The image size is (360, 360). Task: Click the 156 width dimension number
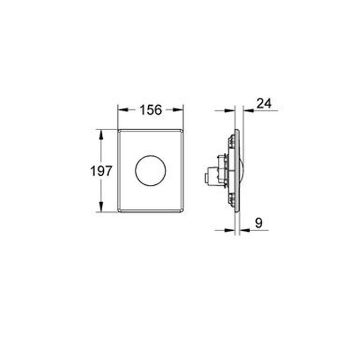151,110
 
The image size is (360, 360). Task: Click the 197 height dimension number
101,171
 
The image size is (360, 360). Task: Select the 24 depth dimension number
264,103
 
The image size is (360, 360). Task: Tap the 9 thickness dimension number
259,223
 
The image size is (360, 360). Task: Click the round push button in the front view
150,171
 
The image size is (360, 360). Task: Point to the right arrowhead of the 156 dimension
178,110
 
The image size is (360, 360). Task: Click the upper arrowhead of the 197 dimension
101,135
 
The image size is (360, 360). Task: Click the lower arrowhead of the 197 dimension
101,207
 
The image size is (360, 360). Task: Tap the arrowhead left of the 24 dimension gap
230,111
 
